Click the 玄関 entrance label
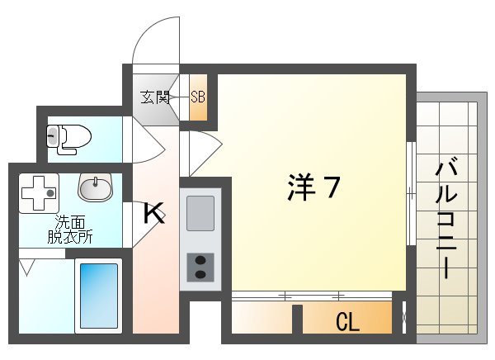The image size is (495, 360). tap(155, 97)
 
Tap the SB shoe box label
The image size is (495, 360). tap(198, 97)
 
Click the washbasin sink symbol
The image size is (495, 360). tap(96, 187)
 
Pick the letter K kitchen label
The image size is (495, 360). tap(154, 214)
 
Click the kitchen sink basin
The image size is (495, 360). tap(200, 213)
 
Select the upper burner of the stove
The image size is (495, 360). tap(200, 263)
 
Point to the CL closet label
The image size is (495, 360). tap(347, 321)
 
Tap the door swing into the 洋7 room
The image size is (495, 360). tap(202, 154)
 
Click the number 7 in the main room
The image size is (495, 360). tap(329, 189)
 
